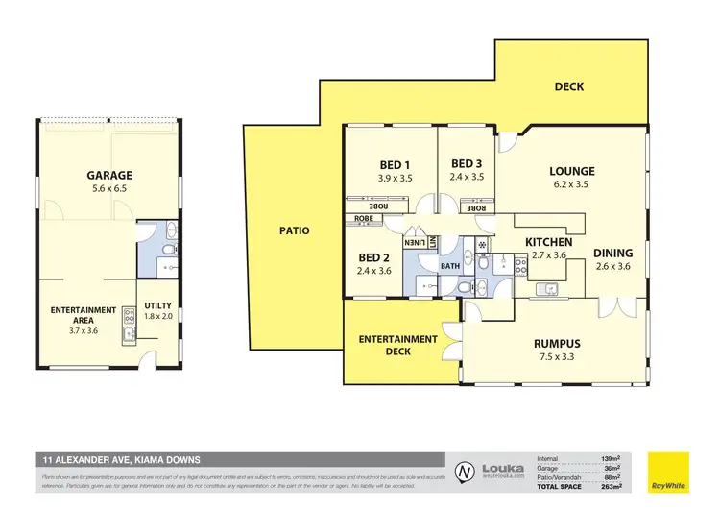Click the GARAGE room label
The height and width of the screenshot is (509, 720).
[108, 176]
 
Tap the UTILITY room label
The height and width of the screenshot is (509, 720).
[157, 304]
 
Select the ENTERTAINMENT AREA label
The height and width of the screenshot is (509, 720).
[84, 316]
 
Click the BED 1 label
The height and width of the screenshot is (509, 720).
[395, 164]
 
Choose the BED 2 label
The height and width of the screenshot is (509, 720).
[372, 257]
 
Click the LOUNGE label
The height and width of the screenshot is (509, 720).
[572, 172]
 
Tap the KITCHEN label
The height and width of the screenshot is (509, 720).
[548, 242]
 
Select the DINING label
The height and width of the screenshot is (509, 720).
[612, 254]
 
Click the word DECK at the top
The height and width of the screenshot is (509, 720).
[569, 87]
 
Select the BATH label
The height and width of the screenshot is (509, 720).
[449, 266]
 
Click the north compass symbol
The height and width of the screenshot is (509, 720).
[465, 471]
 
